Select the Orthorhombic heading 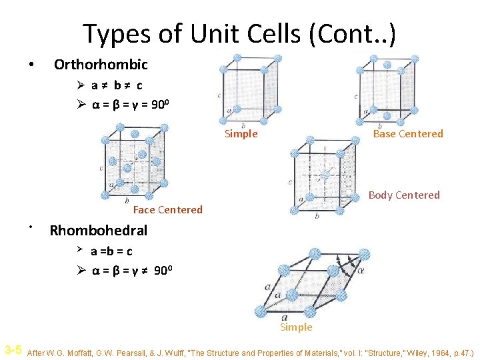pos(101,65)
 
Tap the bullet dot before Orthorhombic pos(30,66)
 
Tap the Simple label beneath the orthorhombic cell pos(241,134)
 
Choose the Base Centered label pos(407,134)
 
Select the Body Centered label pos(404,195)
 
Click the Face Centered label pos(167,210)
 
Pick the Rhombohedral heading pos(99,231)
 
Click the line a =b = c pos(111,251)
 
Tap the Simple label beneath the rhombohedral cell pos(296,327)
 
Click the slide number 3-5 pos(13,350)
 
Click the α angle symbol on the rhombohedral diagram pos(361,271)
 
